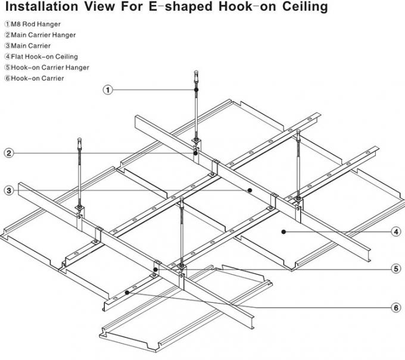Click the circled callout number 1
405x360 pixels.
click(x=108, y=90)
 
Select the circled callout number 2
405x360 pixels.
click(x=9, y=153)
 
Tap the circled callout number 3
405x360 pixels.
click(x=9, y=190)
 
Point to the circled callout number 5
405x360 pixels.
click(x=395, y=268)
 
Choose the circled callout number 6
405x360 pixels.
click(x=395, y=308)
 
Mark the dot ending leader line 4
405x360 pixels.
click(x=284, y=231)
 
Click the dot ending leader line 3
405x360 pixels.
click(x=250, y=190)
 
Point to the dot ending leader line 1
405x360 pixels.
click(x=197, y=90)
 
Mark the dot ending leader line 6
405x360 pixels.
click(x=129, y=292)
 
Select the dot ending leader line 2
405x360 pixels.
click(x=195, y=153)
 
